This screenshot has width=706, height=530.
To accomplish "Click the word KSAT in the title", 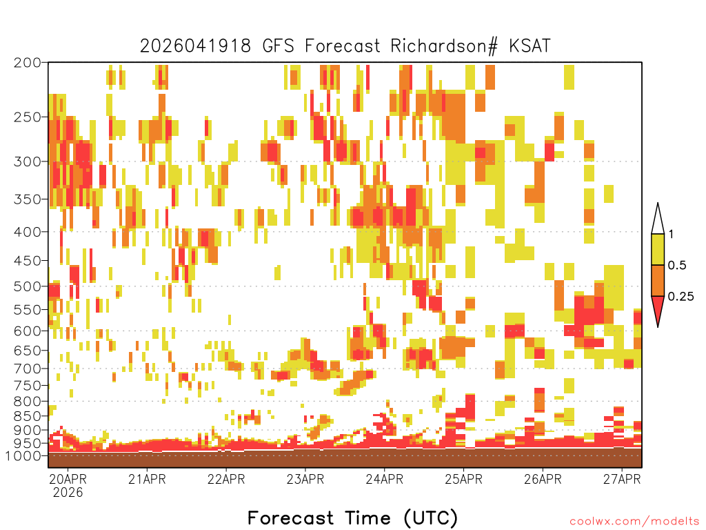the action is (x=529, y=46).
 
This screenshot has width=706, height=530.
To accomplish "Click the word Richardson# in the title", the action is (x=444, y=46).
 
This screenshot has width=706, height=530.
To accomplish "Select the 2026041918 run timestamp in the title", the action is (x=195, y=46).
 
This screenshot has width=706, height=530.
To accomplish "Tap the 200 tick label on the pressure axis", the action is (x=27, y=63).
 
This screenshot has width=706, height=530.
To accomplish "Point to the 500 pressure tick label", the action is (x=27, y=286).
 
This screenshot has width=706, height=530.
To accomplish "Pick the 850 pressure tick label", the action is (x=27, y=416).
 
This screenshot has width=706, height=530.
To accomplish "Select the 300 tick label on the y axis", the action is (x=27, y=161).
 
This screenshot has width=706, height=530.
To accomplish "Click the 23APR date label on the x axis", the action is (x=305, y=479).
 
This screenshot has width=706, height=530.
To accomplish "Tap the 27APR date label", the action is (x=622, y=479).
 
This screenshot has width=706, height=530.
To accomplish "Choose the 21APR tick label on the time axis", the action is (x=147, y=479).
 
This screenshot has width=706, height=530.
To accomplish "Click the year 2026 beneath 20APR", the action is (x=68, y=493).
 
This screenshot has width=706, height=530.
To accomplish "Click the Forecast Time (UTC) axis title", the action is (x=352, y=518).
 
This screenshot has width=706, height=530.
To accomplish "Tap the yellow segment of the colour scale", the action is (x=658, y=249).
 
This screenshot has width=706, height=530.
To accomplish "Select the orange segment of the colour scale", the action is (x=658, y=280).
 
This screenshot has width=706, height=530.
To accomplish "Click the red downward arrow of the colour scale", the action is (x=658, y=308).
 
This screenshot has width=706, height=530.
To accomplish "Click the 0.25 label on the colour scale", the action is (x=680, y=297).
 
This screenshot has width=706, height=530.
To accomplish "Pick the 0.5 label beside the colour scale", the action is (x=677, y=265).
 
